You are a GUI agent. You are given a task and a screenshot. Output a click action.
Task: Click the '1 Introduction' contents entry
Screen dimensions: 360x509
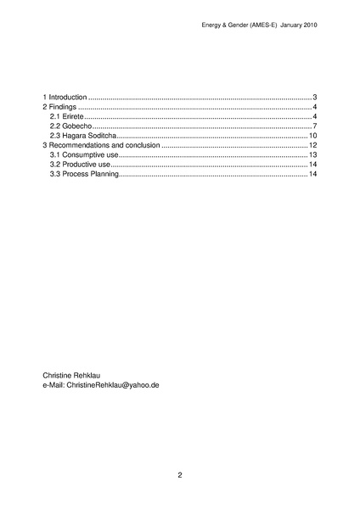tap(65, 98)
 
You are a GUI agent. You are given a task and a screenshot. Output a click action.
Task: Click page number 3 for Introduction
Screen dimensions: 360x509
tap(314, 98)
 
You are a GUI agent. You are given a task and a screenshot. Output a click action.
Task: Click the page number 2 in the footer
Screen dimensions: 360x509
tap(180, 475)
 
